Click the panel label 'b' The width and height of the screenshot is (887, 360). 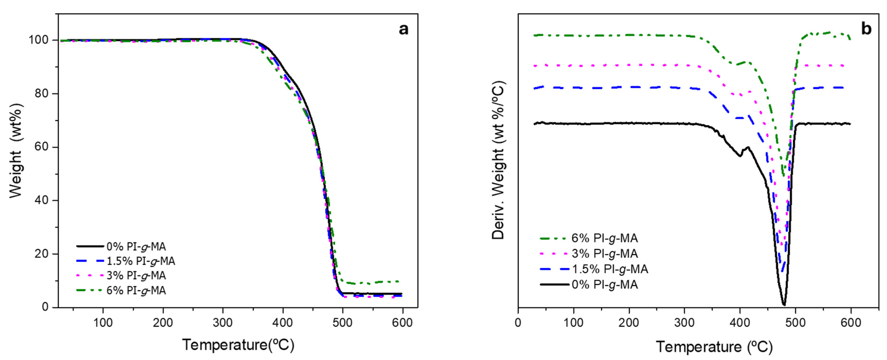point(866,29)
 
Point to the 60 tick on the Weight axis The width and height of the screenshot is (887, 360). point(42,147)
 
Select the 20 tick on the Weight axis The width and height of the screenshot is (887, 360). point(42,254)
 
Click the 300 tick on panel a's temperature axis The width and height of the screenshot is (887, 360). point(223,323)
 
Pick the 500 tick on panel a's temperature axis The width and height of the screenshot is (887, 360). point(343,323)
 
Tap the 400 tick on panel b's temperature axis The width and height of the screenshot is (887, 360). point(740,323)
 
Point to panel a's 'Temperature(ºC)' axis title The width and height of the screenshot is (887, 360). point(238,345)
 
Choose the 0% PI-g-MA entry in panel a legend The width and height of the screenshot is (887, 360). point(136,247)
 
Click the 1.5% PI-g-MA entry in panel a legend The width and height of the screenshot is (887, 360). point(141,261)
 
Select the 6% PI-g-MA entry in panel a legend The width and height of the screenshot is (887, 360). point(136,290)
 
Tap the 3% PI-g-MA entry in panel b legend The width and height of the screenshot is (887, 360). point(605,253)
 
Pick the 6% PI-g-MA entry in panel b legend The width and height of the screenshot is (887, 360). point(605,238)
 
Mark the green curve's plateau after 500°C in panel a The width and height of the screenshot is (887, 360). point(372,283)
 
